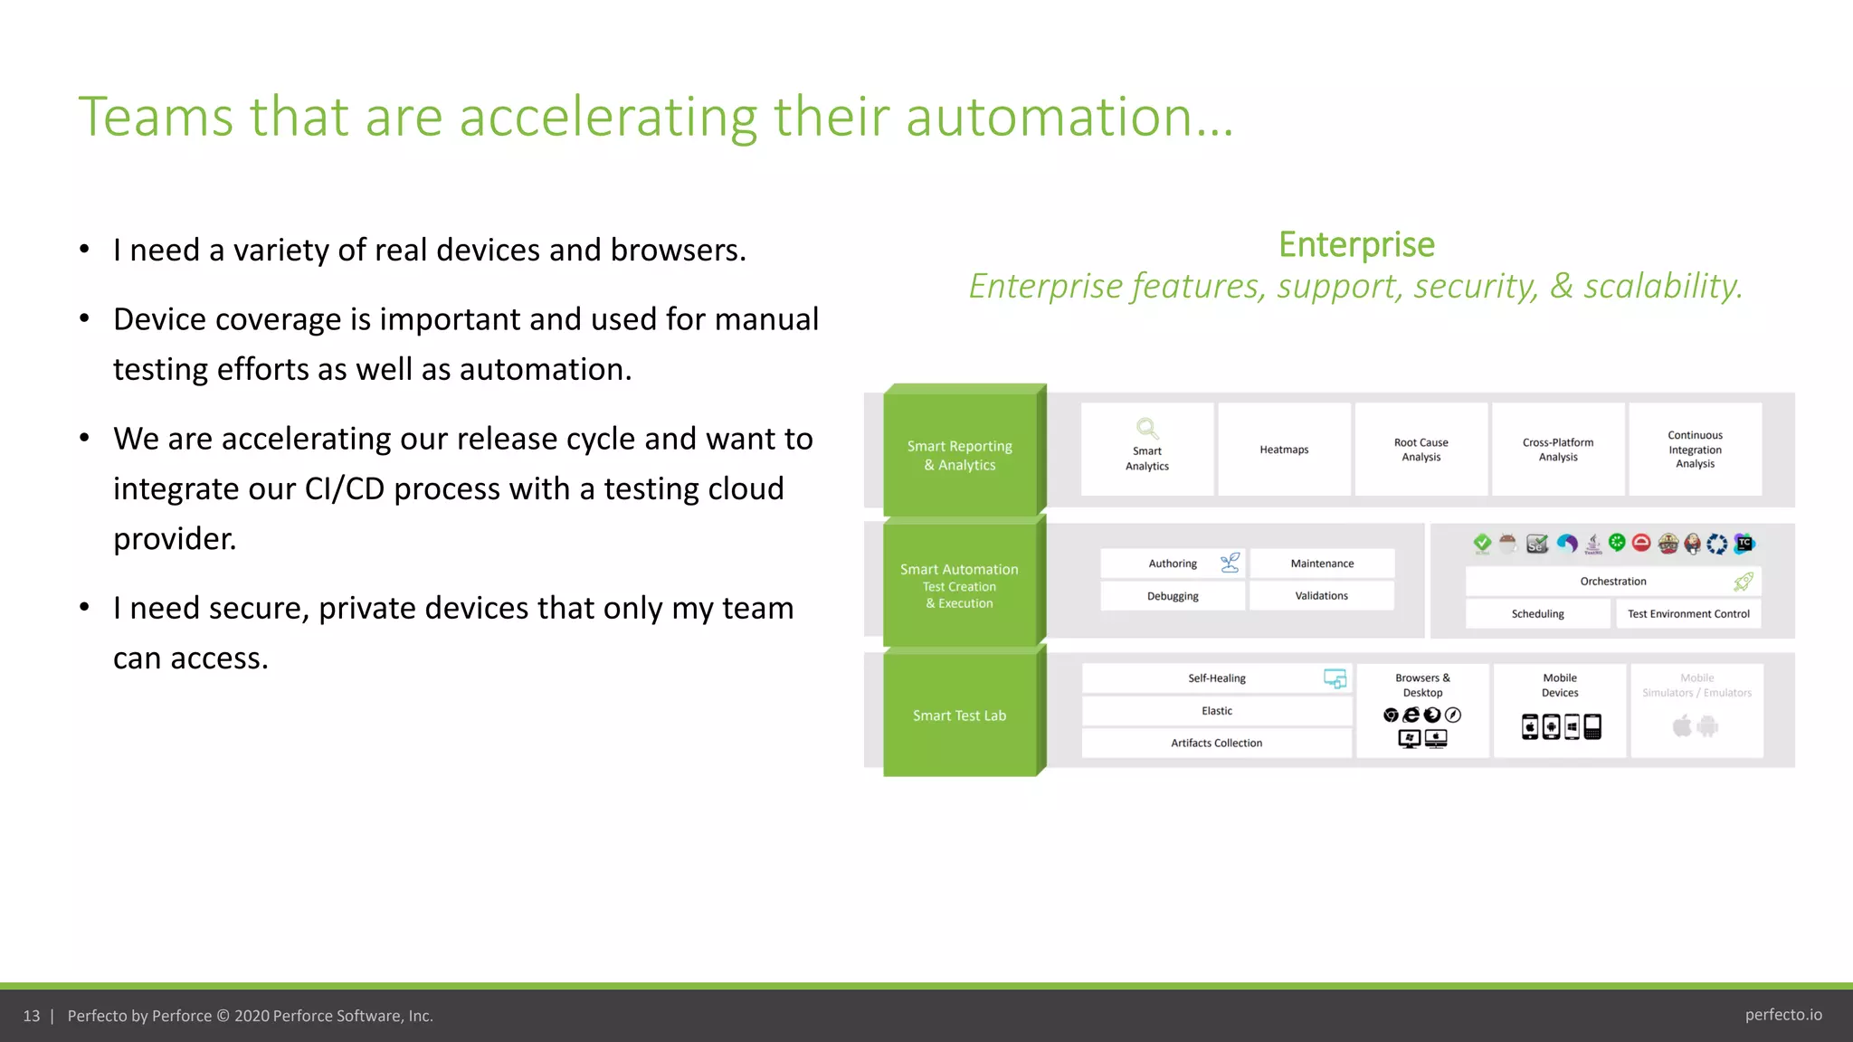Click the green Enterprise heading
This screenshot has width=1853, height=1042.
pos(1356,245)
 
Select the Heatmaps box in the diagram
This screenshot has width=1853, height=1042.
pos(1284,450)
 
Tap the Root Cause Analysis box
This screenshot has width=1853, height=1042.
pos(1421,450)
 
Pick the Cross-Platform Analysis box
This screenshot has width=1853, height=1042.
pos(1558,450)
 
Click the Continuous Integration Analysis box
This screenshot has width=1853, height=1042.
pos(1695,450)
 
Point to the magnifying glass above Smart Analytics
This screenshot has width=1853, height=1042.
pos(1147,428)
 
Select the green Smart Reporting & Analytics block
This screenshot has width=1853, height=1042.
pos(960,455)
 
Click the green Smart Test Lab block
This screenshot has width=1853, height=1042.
pos(960,715)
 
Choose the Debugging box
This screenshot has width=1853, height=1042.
pos(1173,596)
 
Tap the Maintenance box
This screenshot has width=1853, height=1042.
pos(1322,564)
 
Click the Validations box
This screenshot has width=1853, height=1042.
pos(1321,596)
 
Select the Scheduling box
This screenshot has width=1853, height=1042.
pos(1538,614)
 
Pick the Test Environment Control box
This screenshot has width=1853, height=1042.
pos(1688,614)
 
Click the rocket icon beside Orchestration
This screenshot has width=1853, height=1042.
pos(1744,582)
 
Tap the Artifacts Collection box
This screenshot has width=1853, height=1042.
pos(1216,744)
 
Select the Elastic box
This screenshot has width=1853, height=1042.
pos(1216,711)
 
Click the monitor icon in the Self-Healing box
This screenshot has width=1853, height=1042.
pos(1335,678)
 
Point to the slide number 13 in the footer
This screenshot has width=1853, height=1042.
pos(32,1016)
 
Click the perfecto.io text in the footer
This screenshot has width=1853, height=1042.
pos(1783,1015)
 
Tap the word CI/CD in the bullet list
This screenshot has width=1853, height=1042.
pos(345,489)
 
